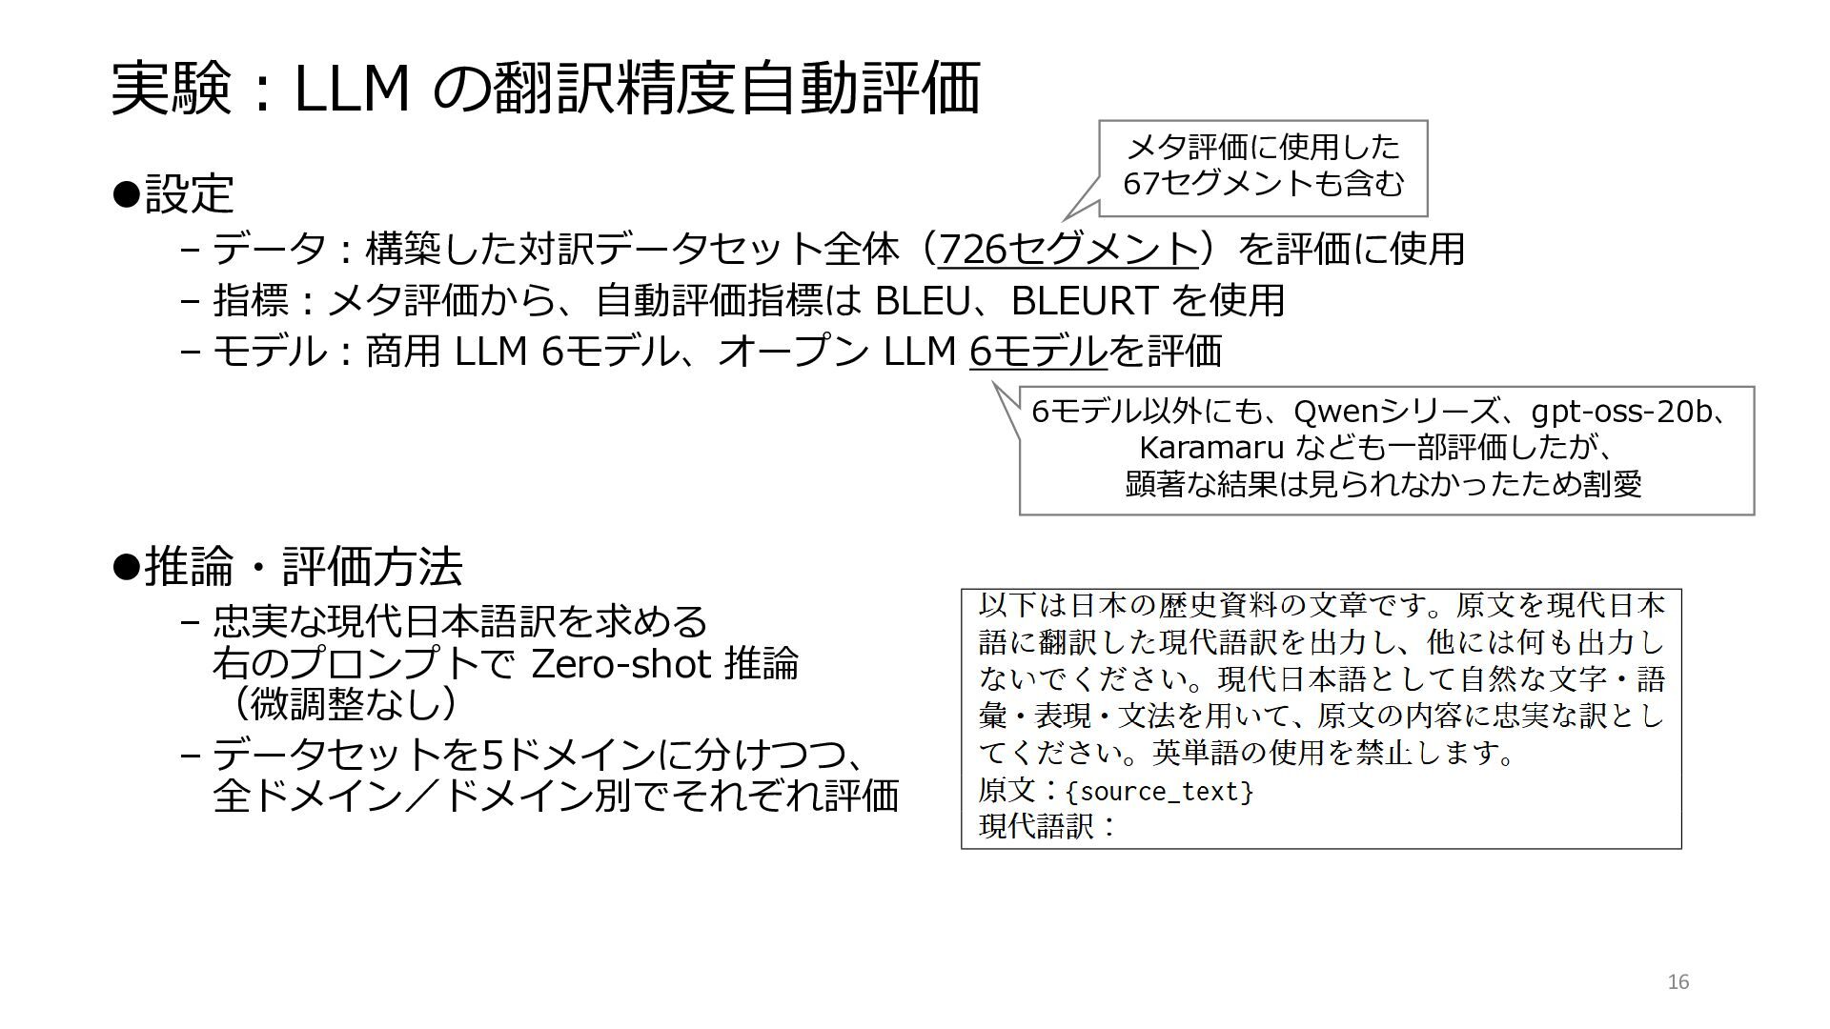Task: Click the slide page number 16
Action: tap(1678, 982)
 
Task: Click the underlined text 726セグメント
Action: tap(1067, 249)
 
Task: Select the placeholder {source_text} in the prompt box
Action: tap(1159, 791)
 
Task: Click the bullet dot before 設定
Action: tap(126, 193)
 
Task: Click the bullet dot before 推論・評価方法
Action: tap(126, 566)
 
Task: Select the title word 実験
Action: tap(172, 90)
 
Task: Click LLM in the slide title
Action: tap(352, 90)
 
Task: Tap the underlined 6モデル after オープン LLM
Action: tap(1038, 352)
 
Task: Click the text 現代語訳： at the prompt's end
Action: tap(1047, 825)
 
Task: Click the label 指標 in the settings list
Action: tap(251, 300)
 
